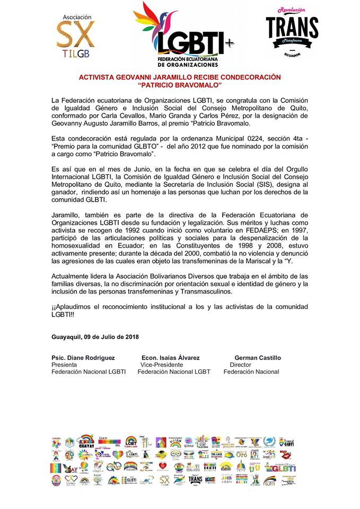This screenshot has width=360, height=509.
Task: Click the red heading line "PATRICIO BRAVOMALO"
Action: click(180, 85)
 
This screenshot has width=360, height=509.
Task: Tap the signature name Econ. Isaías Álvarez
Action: click(171, 358)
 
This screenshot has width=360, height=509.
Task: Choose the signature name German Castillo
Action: click(258, 358)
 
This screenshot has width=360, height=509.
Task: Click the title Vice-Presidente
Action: click(161, 365)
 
